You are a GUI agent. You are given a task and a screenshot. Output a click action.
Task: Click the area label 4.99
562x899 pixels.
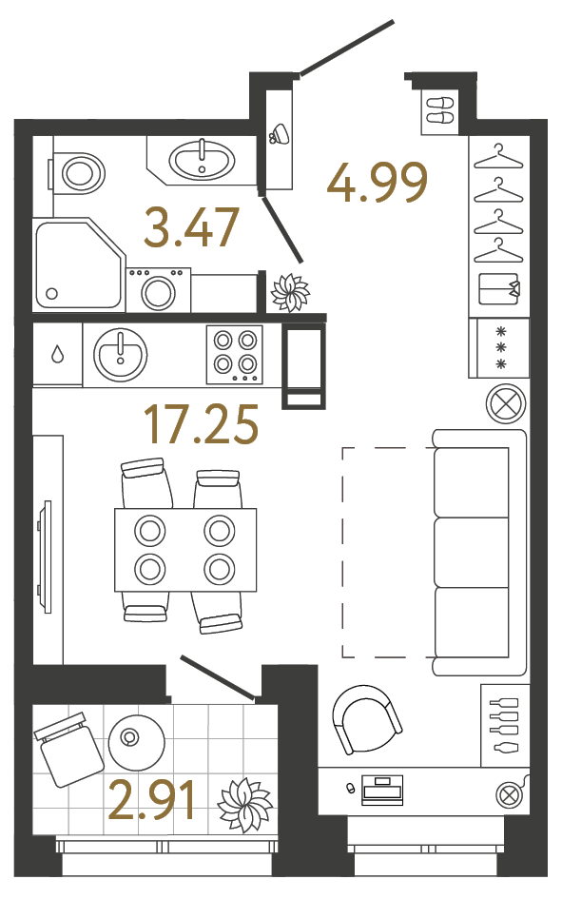(x=377, y=184)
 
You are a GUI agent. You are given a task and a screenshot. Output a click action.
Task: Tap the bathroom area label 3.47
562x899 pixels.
(x=190, y=227)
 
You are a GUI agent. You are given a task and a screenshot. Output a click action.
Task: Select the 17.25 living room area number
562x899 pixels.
(x=201, y=424)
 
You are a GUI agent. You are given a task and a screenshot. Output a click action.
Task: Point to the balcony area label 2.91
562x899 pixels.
(x=153, y=800)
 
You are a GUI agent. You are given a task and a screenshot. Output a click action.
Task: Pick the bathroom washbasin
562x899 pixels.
(x=202, y=159)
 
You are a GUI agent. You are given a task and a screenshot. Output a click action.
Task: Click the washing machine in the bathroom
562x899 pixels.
(x=158, y=289)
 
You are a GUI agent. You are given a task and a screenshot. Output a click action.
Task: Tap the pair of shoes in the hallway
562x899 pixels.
(x=439, y=109)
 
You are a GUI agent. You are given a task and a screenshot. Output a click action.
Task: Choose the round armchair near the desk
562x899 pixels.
(x=366, y=719)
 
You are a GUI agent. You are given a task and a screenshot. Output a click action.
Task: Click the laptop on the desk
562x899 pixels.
(x=383, y=789)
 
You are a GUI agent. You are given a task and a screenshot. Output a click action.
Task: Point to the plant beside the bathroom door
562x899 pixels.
(x=289, y=292)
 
